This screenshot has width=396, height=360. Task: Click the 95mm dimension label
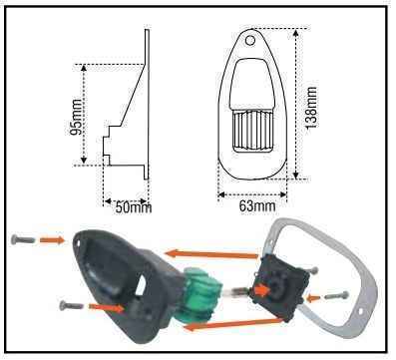click(x=76, y=117)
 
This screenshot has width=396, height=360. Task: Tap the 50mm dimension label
click(x=134, y=207)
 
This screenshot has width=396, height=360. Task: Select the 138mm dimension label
click(x=311, y=108)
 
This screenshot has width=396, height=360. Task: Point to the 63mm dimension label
click(x=257, y=206)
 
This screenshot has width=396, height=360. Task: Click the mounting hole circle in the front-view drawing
click(x=250, y=40)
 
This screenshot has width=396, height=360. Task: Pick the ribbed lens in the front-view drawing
click(x=251, y=132)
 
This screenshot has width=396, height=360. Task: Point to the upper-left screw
click(x=23, y=238)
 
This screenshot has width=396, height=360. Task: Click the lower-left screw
click(x=71, y=304)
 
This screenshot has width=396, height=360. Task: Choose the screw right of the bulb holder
click(x=336, y=294)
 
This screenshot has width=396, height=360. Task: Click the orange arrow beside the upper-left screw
click(x=52, y=239)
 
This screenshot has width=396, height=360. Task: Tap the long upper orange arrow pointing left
click(x=211, y=254)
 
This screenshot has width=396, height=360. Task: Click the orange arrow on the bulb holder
click(x=262, y=291)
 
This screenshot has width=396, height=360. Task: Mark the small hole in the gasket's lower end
click(x=361, y=311)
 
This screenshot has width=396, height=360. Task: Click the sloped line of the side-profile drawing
click(x=133, y=95)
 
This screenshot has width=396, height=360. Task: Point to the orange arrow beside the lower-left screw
click(x=106, y=307)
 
